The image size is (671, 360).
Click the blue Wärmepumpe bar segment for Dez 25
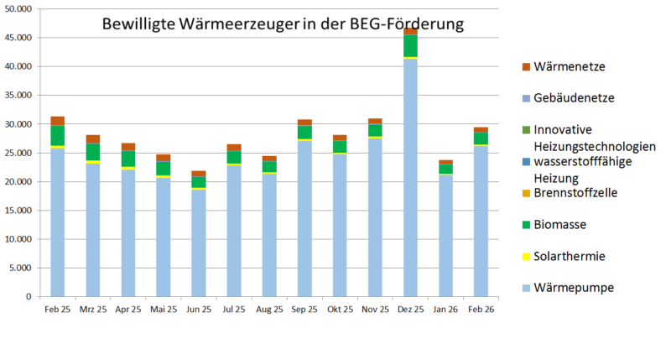tap(410, 177)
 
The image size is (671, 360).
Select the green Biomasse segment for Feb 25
tap(58, 135)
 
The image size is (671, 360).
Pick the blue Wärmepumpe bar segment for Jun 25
tap(199, 243)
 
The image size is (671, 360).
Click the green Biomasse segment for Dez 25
tap(410, 46)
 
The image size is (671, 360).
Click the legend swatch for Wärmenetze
tap(526, 66)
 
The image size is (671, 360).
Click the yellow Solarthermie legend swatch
tap(526, 256)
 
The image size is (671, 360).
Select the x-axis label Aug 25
tap(269, 310)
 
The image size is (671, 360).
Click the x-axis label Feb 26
tap(481, 310)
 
